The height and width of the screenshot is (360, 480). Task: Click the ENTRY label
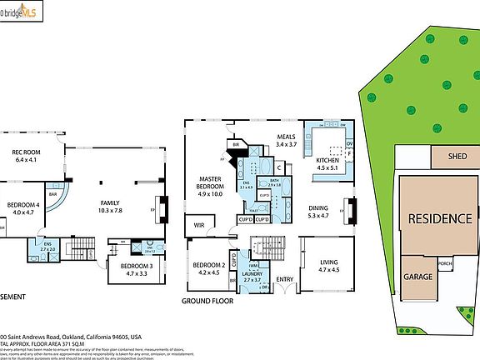click(285, 279)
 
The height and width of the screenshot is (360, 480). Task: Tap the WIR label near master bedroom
click(200, 224)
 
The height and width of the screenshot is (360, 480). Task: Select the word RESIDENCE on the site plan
click(438, 219)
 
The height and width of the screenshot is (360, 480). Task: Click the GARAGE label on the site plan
click(418, 277)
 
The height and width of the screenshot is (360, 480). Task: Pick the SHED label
click(457, 156)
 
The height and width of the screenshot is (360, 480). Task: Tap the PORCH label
click(445, 267)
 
